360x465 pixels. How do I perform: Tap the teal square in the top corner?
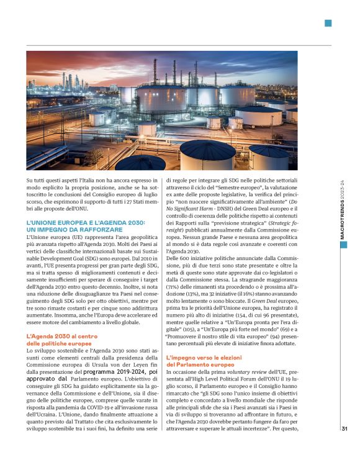tap(328, 24)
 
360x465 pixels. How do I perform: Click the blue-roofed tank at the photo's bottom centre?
tap(207, 154)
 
